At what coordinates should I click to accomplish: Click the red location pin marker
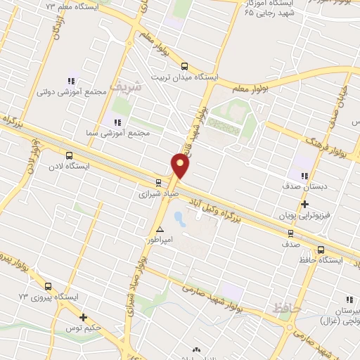click(x=181, y=167)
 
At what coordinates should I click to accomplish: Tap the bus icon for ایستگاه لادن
click(x=68, y=155)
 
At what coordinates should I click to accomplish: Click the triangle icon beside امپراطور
click(x=160, y=230)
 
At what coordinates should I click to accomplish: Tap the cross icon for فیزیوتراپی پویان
click(x=304, y=205)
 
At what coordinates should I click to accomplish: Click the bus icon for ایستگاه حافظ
click(x=321, y=249)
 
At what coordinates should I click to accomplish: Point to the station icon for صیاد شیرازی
click(x=158, y=180)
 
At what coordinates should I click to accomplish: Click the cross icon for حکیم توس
click(x=83, y=317)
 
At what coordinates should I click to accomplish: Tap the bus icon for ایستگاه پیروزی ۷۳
click(x=48, y=286)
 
